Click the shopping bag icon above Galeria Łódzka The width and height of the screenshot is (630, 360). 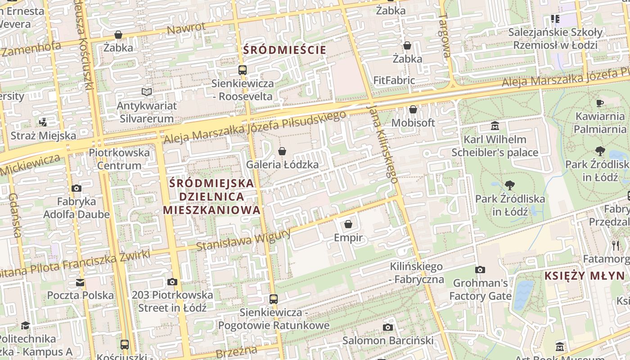pyautogui.click(x=282, y=151)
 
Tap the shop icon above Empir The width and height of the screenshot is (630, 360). pyautogui.click(x=348, y=224)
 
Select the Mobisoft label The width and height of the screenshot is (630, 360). pyautogui.click(x=413, y=122)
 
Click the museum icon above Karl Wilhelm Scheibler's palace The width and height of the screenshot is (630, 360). pyautogui.click(x=495, y=126)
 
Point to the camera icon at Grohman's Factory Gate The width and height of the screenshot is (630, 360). pyautogui.click(x=480, y=270)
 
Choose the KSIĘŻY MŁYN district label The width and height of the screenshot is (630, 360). pyautogui.click(x=585, y=276)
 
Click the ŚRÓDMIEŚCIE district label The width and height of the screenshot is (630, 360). pyautogui.click(x=284, y=50)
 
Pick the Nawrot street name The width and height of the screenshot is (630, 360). pyautogui.click(x=186, y=28)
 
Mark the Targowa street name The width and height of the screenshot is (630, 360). pyautogui.click(x=445, y=36)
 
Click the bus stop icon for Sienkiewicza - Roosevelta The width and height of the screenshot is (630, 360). pyautogui.click(x=242, y=70)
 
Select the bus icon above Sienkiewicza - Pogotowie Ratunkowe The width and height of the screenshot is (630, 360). pyautogui.click(x=273, y=299)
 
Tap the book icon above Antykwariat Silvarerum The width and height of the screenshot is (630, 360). pyautogui.click(x=146, y=92)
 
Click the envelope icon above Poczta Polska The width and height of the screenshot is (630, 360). pyautogui.click(x=80, y=283)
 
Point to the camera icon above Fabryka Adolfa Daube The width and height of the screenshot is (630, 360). pyautogui.click(x=76, y=189)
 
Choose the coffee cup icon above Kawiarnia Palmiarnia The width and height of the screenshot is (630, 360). pyautogui.click(x=600, y=103)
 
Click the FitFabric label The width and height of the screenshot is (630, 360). pyautogui.click(x=394, y=80)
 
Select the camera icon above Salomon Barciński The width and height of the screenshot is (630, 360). pyautogui.click(x=387, y=327)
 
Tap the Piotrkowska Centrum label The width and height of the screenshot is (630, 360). pyautogui.click(x=119, y=159)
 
